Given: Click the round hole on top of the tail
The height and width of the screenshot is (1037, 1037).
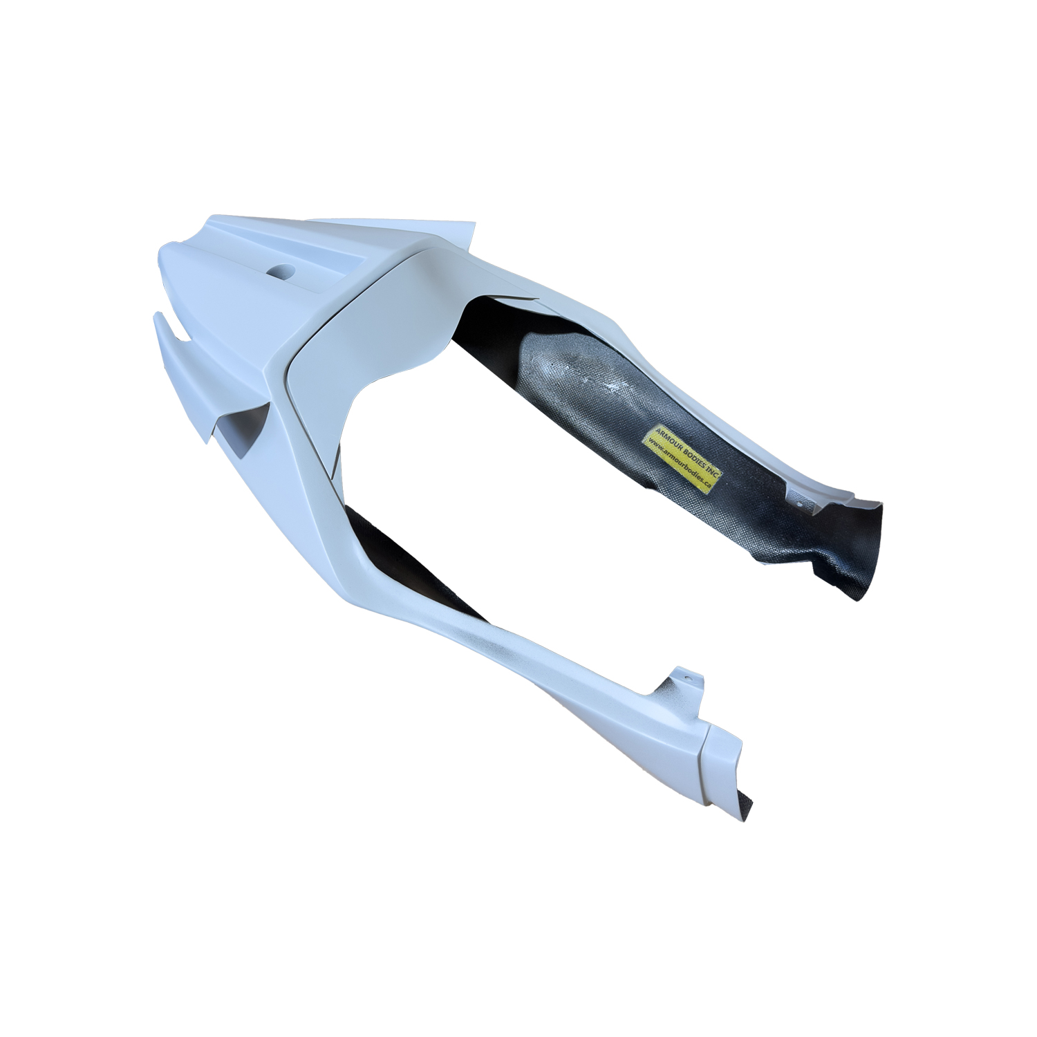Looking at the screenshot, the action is click(x=283, y=270).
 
